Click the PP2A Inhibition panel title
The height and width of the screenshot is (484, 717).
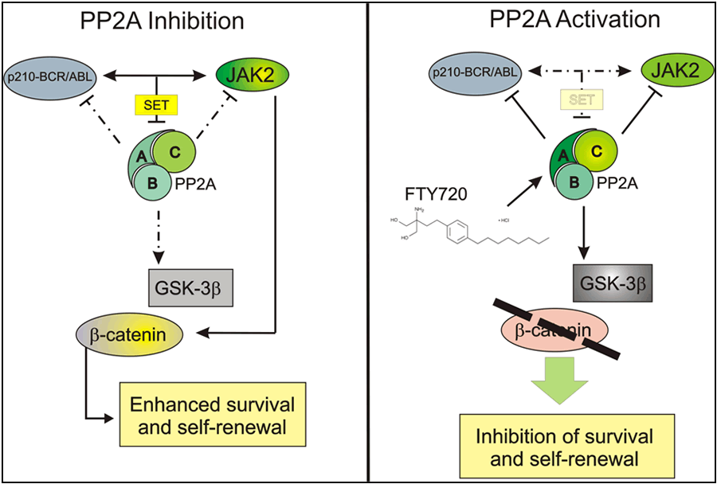pos(169,22)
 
